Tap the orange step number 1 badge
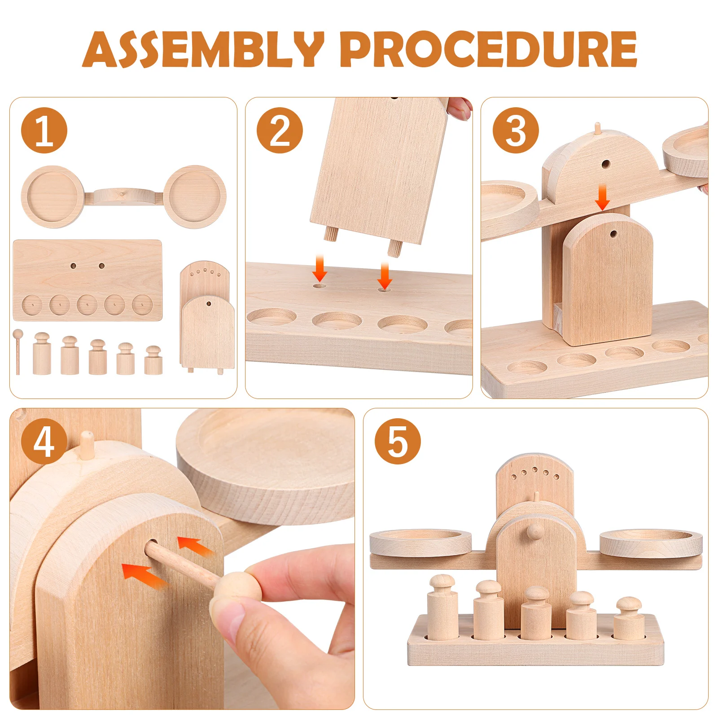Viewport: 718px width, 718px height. click(44, 131)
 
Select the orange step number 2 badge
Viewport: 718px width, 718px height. click(280, 131)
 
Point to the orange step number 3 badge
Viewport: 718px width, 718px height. click(516, 131)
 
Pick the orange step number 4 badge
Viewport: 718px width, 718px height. click(44, 442)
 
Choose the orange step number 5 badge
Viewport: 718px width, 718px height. click(398, 442)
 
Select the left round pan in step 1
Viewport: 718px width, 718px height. click(52, 196)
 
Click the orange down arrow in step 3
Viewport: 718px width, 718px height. click(603, 197)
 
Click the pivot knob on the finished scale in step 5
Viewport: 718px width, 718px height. click(534, 530)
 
